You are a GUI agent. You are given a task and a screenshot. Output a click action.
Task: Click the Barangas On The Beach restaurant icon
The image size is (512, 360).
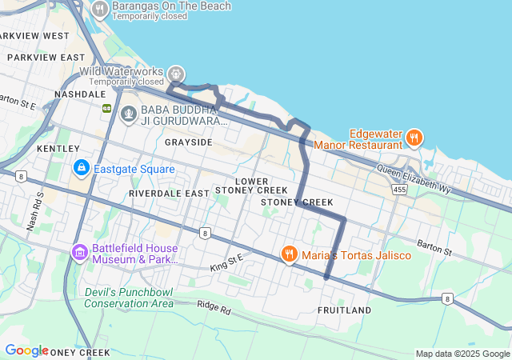100,9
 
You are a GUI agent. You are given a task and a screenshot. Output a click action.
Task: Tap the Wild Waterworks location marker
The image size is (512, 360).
176,74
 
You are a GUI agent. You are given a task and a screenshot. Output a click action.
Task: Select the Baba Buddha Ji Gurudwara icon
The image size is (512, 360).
128,114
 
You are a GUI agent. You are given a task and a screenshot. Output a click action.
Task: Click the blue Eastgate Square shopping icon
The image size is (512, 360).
82,168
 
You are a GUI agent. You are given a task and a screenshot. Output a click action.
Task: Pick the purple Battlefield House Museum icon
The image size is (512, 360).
79,253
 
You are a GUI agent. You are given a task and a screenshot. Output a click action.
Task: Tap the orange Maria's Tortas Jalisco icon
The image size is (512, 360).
290,254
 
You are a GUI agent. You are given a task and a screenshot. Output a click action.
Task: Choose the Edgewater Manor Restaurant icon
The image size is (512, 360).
414,138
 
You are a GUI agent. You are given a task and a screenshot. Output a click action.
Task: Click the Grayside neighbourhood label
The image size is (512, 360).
189,142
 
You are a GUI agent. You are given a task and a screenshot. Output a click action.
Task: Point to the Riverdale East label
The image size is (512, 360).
169,194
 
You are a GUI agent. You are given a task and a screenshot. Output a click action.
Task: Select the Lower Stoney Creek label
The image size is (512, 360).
251,186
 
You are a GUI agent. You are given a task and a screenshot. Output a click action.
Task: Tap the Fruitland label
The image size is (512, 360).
344,310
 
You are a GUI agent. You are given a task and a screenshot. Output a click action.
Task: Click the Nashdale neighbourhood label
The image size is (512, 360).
80,94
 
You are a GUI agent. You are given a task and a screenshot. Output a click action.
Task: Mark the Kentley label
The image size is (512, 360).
58,149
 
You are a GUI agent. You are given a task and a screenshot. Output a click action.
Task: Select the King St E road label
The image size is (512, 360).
226,261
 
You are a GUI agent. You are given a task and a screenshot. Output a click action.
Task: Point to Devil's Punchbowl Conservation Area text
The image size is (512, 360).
129,298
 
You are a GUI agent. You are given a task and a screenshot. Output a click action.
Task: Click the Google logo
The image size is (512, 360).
26,350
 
